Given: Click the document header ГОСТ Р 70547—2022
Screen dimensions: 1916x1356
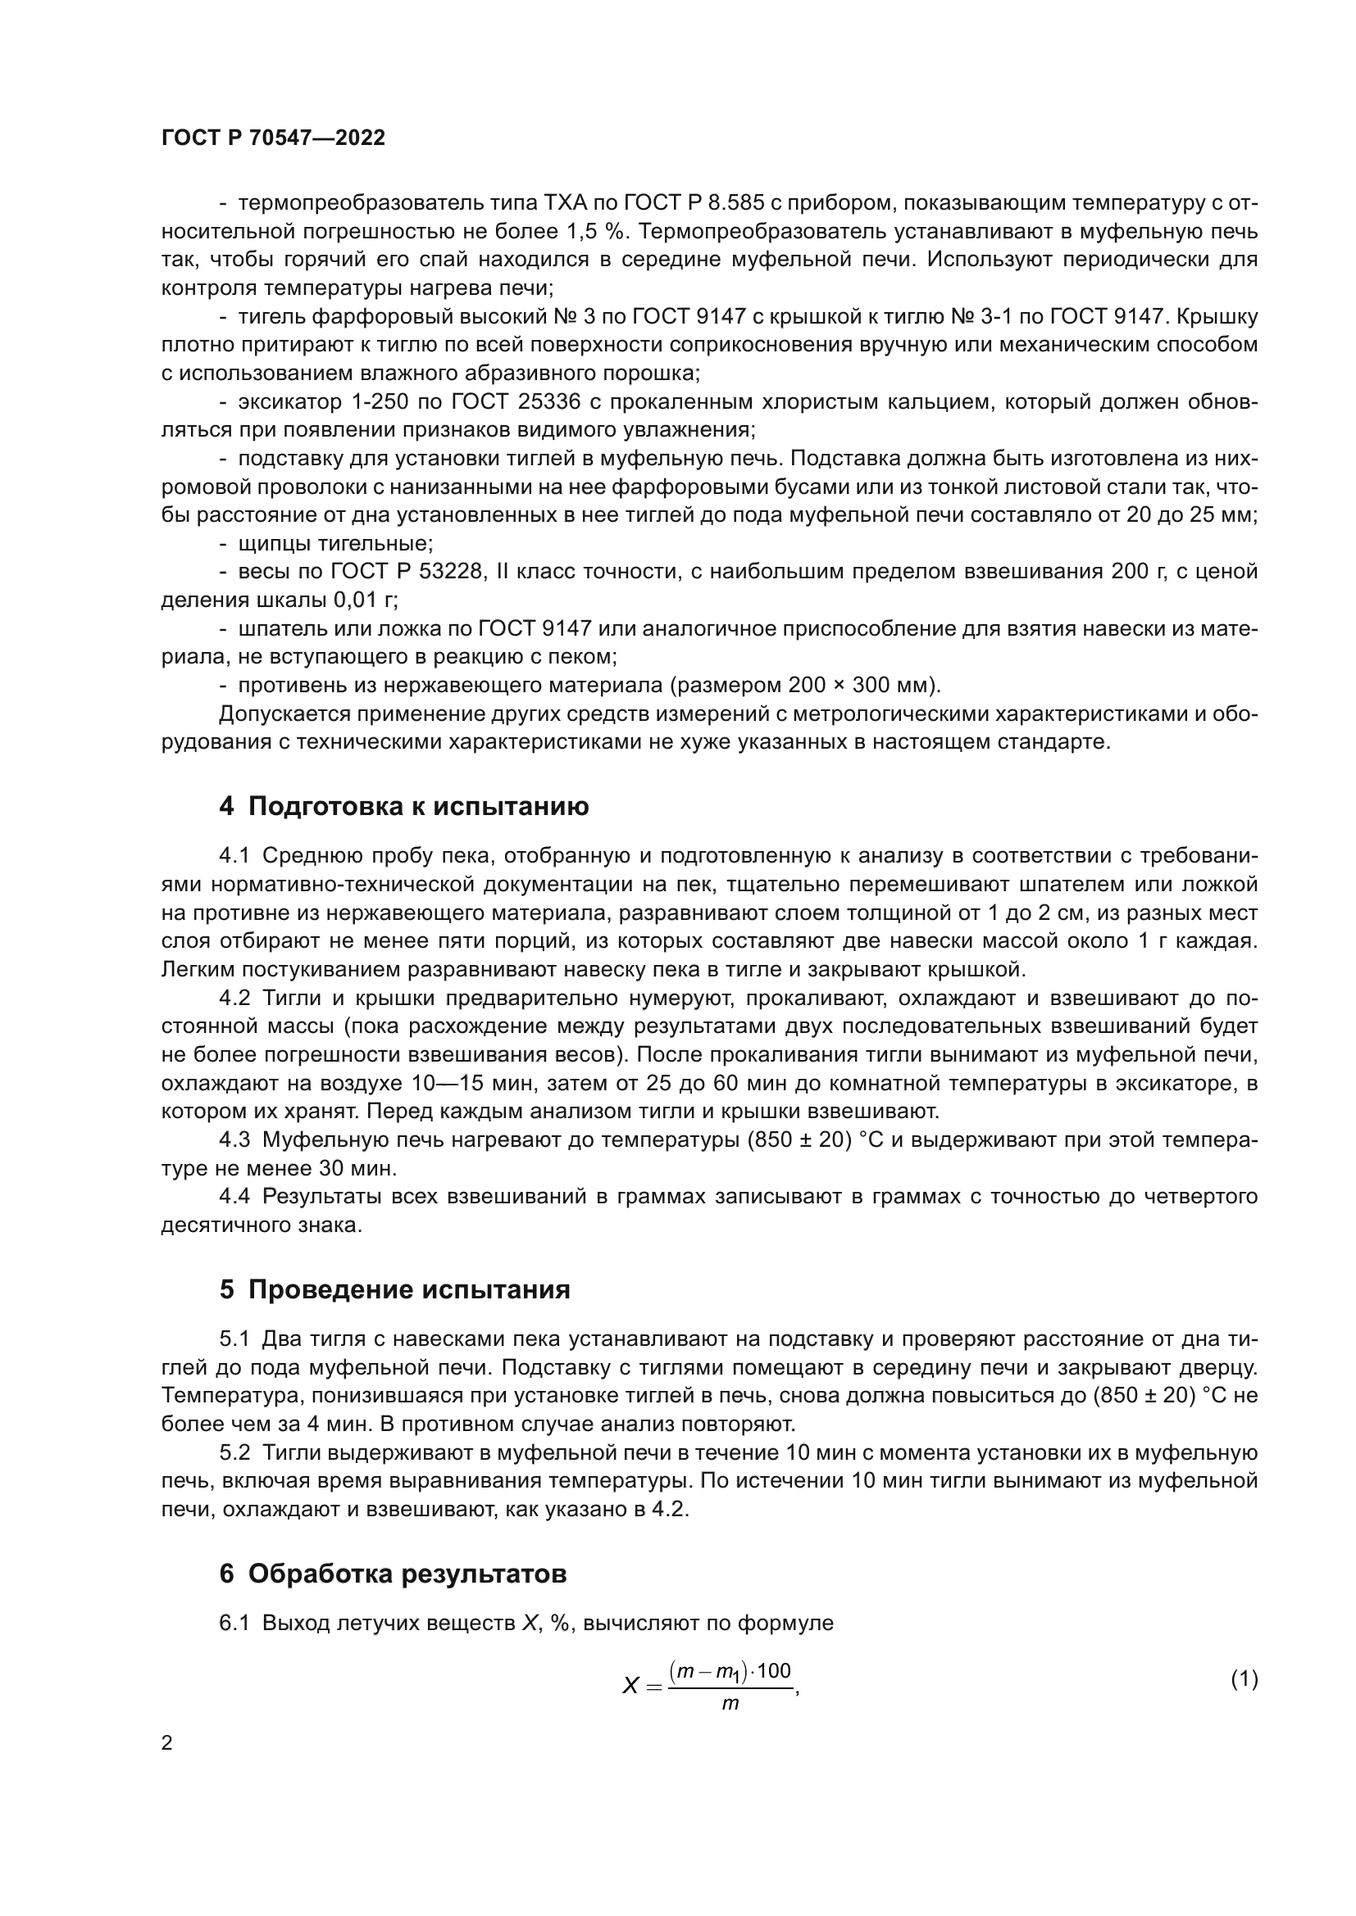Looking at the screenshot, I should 273,138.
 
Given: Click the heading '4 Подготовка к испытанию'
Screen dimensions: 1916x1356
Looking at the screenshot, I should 403,806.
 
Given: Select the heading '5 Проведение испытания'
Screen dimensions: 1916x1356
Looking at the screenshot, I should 394,1289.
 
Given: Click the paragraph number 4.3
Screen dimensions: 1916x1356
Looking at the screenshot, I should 234,1140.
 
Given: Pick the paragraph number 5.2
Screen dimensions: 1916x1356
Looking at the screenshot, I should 234,1453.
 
